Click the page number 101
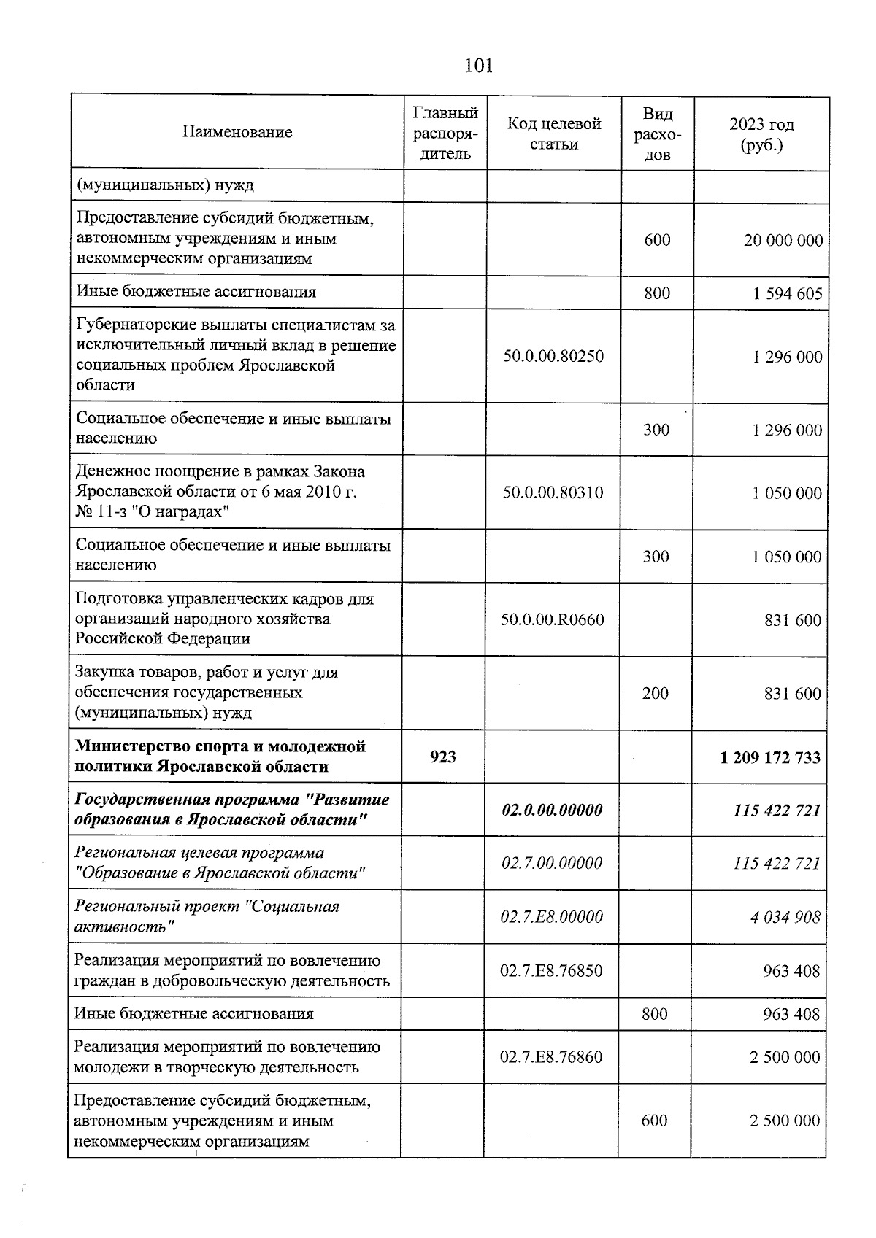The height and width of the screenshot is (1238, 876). click(479, 66)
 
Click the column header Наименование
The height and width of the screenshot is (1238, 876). click(237, 132)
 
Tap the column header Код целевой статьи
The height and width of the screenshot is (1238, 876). click(554, 134)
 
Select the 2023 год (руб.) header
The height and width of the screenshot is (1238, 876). click(761, 134)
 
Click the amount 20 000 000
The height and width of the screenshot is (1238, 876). click(783, 240)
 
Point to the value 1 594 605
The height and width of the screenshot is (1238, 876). click(787, 293)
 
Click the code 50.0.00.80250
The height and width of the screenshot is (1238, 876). click(553, 356)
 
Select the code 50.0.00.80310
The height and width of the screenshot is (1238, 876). click(553, 492)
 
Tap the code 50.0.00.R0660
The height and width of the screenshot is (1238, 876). click(552, 620)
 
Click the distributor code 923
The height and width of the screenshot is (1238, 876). click(443, 757)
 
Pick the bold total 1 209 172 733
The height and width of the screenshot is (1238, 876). click(769, 757)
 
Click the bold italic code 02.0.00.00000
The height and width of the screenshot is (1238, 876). click(552, 810)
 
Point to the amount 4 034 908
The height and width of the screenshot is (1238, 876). click(785, 917)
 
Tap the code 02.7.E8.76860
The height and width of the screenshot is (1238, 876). click(551, 1056)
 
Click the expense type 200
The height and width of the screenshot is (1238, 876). click(655, 693)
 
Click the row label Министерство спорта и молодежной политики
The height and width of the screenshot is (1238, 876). click(220, 757)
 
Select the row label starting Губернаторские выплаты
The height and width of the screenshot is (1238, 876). click(236, 355)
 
